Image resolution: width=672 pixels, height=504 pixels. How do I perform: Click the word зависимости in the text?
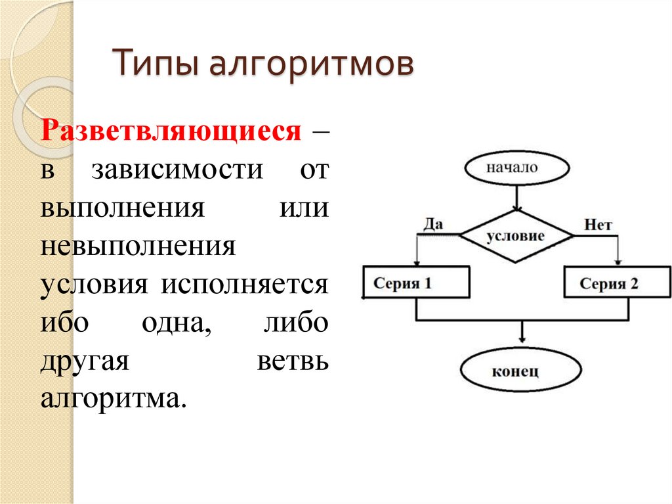click(177, 170)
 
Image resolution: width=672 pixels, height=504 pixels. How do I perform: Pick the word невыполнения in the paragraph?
click(138, 247)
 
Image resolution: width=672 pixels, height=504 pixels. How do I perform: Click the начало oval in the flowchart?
click(516, 168)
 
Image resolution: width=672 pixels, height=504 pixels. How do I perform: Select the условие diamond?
click(516, 236)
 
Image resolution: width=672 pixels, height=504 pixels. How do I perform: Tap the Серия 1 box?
click(416, 284)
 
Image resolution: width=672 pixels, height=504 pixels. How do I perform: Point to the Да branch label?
click(433, 224)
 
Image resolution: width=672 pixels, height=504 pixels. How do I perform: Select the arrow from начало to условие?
click(516, 196)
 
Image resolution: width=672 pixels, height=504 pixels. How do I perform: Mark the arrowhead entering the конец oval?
click(522, 338)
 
